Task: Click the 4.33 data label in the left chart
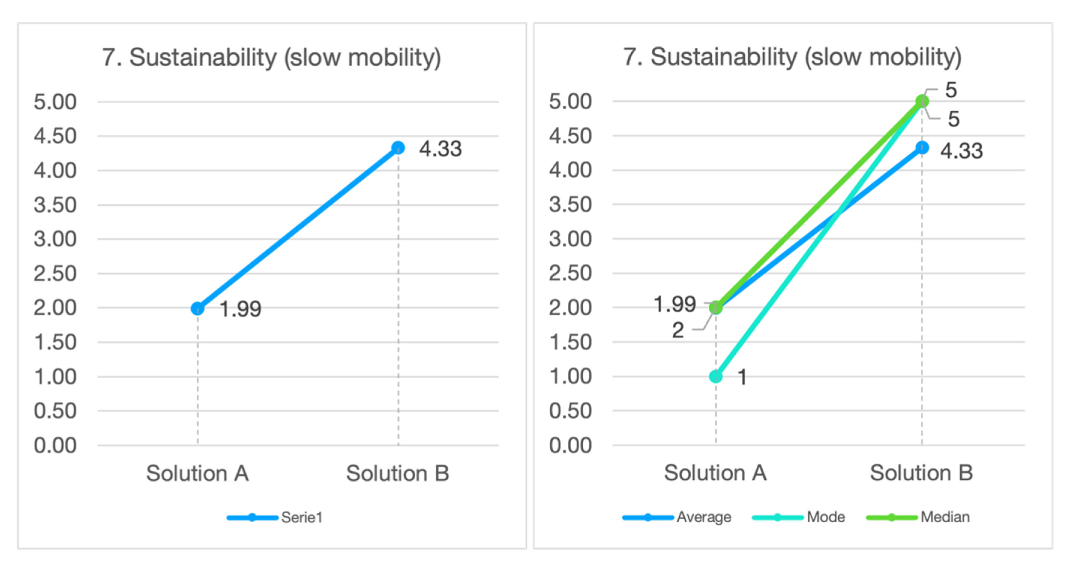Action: pos(440,149)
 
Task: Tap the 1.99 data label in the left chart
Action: pos(240,309)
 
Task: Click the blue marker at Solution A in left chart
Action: pos(197,308)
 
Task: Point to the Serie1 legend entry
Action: pos(301,517)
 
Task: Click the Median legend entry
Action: pos(944,517)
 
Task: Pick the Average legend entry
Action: pos(703,517)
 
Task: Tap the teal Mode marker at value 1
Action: pos(716,376)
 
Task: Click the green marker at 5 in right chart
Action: pos(922,101)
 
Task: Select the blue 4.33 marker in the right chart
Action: pos(922,147)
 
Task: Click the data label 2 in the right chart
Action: pos(678,330)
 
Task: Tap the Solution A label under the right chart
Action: pos(715,473)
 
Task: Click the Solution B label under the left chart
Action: pos(398,473)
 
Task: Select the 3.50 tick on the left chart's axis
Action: pos(55,205)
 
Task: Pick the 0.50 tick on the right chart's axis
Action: pos(570,411)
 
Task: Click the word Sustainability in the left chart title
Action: pos(203,57)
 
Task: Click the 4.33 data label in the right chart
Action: pos(962,151)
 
